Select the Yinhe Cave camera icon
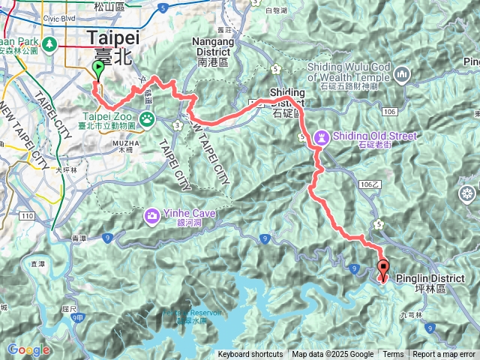(x=151, y=216)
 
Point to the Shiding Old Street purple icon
(x=322, y=137)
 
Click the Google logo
(x=28, y=349)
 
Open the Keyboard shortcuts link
(x=250, y=355)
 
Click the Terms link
(x=393, y=355)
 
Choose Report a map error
(x=444, y=355)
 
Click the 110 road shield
(x=28, y=216)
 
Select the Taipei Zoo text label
(x=108, y=117)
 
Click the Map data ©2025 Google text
(x=332, y=355)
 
